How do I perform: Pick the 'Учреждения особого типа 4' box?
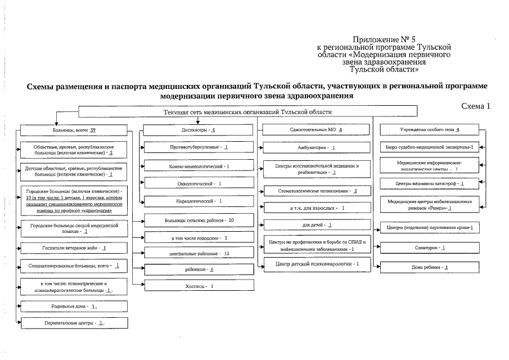click(430, 130)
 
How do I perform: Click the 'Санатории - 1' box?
click(430, 247)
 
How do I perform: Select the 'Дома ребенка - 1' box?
click(430, 267)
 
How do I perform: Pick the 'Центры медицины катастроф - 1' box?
click(430, 183)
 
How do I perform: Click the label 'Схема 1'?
click(476, 106)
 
